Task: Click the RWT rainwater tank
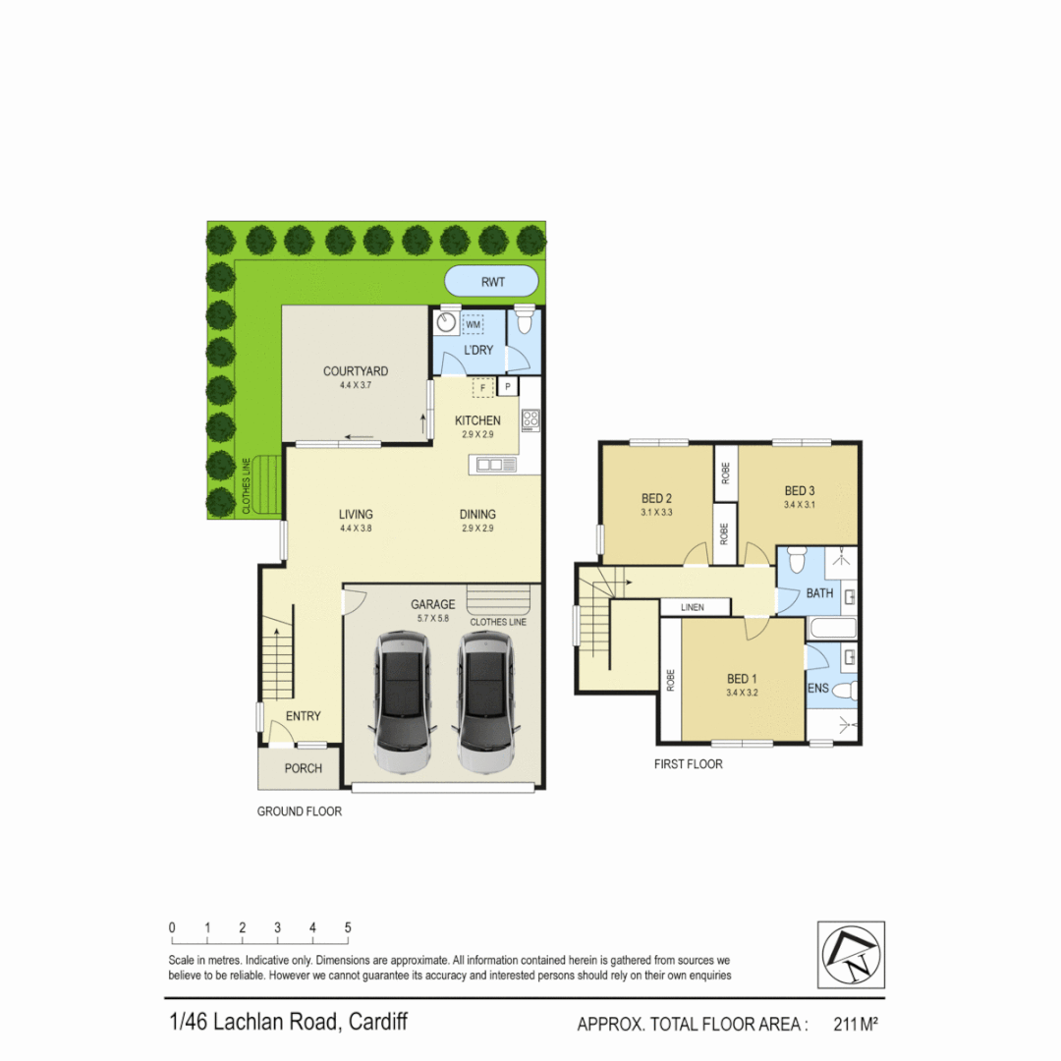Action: pyautogui.click(x=492, y=282)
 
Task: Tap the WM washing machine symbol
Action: pyautogui.click(x=474, y=323)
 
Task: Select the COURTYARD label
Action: pyautogui.click(x=355, y=371)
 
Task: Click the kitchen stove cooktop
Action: pyautogui.click(x=530, y=420)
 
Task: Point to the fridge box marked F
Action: pyautogui.click(x=482, y=388)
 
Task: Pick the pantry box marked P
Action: pyautogui.click(x=508, y=388)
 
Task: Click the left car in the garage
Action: pyautogui.click(x=401, y=701)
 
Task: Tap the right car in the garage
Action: pyautogui.click(x=485, y=701)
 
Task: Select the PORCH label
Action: pyautogui.click(x=303, y=768)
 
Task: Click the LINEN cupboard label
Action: pyautogui.click(x=692, y=608)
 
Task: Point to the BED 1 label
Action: pyautogui.click(x=742, y=679)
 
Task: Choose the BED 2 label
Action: pyautogui.click(x=656, y=498)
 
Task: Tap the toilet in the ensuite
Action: pyautogui.click(x=846, y=690)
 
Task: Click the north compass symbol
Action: pyautogui.click(x=851, y=955)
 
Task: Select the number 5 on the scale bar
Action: pyautogui.click(x=348, y=927)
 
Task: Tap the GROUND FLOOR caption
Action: pyautogui.click(x=300, y=811)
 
